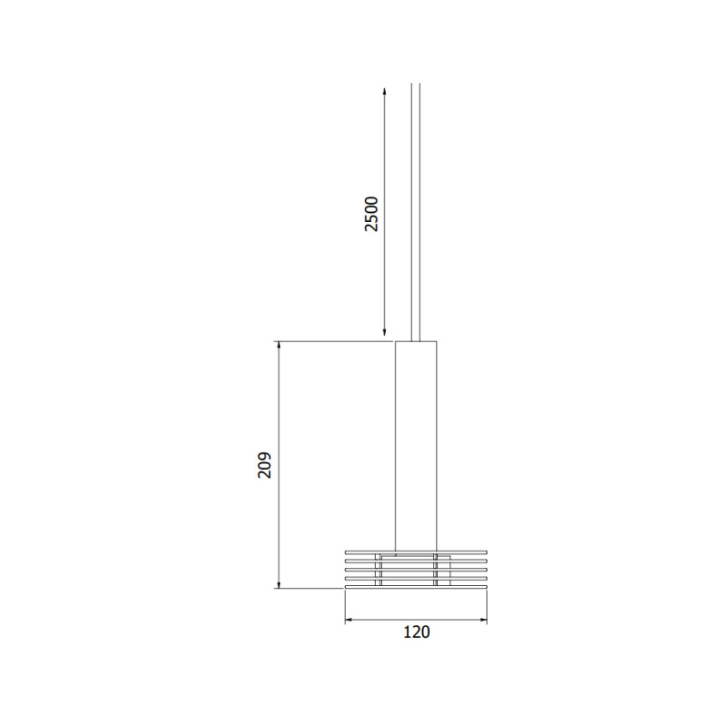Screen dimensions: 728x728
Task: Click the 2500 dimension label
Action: [x=371, y=214]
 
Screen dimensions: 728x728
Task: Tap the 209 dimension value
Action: [x=264, y=465]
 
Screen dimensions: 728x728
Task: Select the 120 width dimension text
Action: [x=416, y=632]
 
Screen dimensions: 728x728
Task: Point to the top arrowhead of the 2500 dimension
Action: [x=384, y=91]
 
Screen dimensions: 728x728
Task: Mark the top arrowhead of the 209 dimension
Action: [x=278, y=347]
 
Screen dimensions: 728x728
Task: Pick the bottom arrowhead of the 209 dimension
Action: [x=278, y=583]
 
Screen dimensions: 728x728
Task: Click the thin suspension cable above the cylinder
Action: [x=416, y=209]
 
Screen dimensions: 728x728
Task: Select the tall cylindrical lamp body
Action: [x=416, y=446]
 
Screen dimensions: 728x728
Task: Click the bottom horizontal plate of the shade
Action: [x=416, y=588]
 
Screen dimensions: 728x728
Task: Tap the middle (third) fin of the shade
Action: [x=364, y=570]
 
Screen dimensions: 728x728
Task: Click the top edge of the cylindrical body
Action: [x=416, y=341]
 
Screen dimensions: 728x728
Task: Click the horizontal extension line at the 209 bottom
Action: [x=309, y=588]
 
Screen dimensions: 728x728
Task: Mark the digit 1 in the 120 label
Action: [x=405, y=632]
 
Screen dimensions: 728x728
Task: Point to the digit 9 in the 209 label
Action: [x=264, y=454]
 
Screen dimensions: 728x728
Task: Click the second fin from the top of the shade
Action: [x=364, y=561]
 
